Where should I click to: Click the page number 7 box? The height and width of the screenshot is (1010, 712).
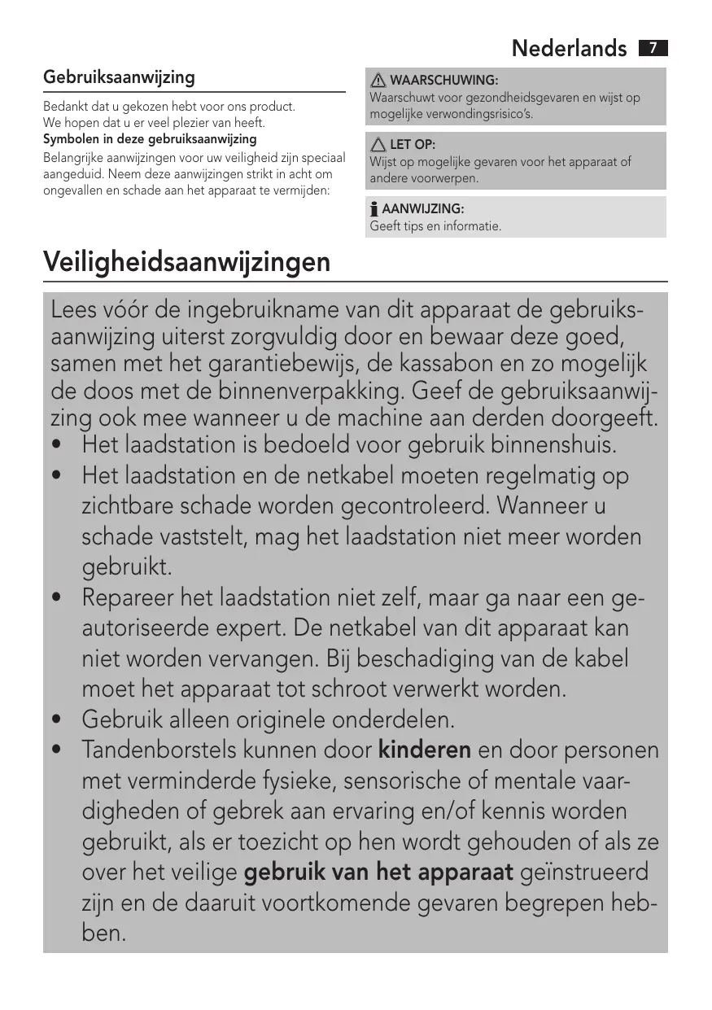[x=653, y=48]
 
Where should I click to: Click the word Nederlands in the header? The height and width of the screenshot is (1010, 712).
[x=570, y=49]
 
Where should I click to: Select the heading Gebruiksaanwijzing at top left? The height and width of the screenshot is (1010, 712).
[x=119, y=78]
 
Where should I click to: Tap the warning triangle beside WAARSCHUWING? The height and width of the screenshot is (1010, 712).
[x=378, y=81]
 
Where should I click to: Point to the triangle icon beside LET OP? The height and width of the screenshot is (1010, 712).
[x=378, y=145]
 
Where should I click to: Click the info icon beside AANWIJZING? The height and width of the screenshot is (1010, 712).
[x=374, y=210]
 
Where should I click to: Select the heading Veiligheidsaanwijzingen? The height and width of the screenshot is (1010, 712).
[x=186, y=262]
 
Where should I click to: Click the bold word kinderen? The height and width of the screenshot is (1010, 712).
[x=425, y=750]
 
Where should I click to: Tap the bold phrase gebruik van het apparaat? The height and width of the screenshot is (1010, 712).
[x=378, y=872]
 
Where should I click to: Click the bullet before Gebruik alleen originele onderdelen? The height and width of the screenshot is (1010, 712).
[x=56, y=721]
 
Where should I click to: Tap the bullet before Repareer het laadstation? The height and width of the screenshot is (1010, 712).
[x=56, y=599]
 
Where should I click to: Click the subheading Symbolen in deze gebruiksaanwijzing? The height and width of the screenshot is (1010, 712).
[x=150, y=139]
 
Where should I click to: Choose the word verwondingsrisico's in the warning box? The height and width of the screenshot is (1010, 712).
[x=487, y=114]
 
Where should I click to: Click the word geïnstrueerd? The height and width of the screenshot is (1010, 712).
[x=583, y=872]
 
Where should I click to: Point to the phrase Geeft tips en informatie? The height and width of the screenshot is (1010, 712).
[x=435, y=226]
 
